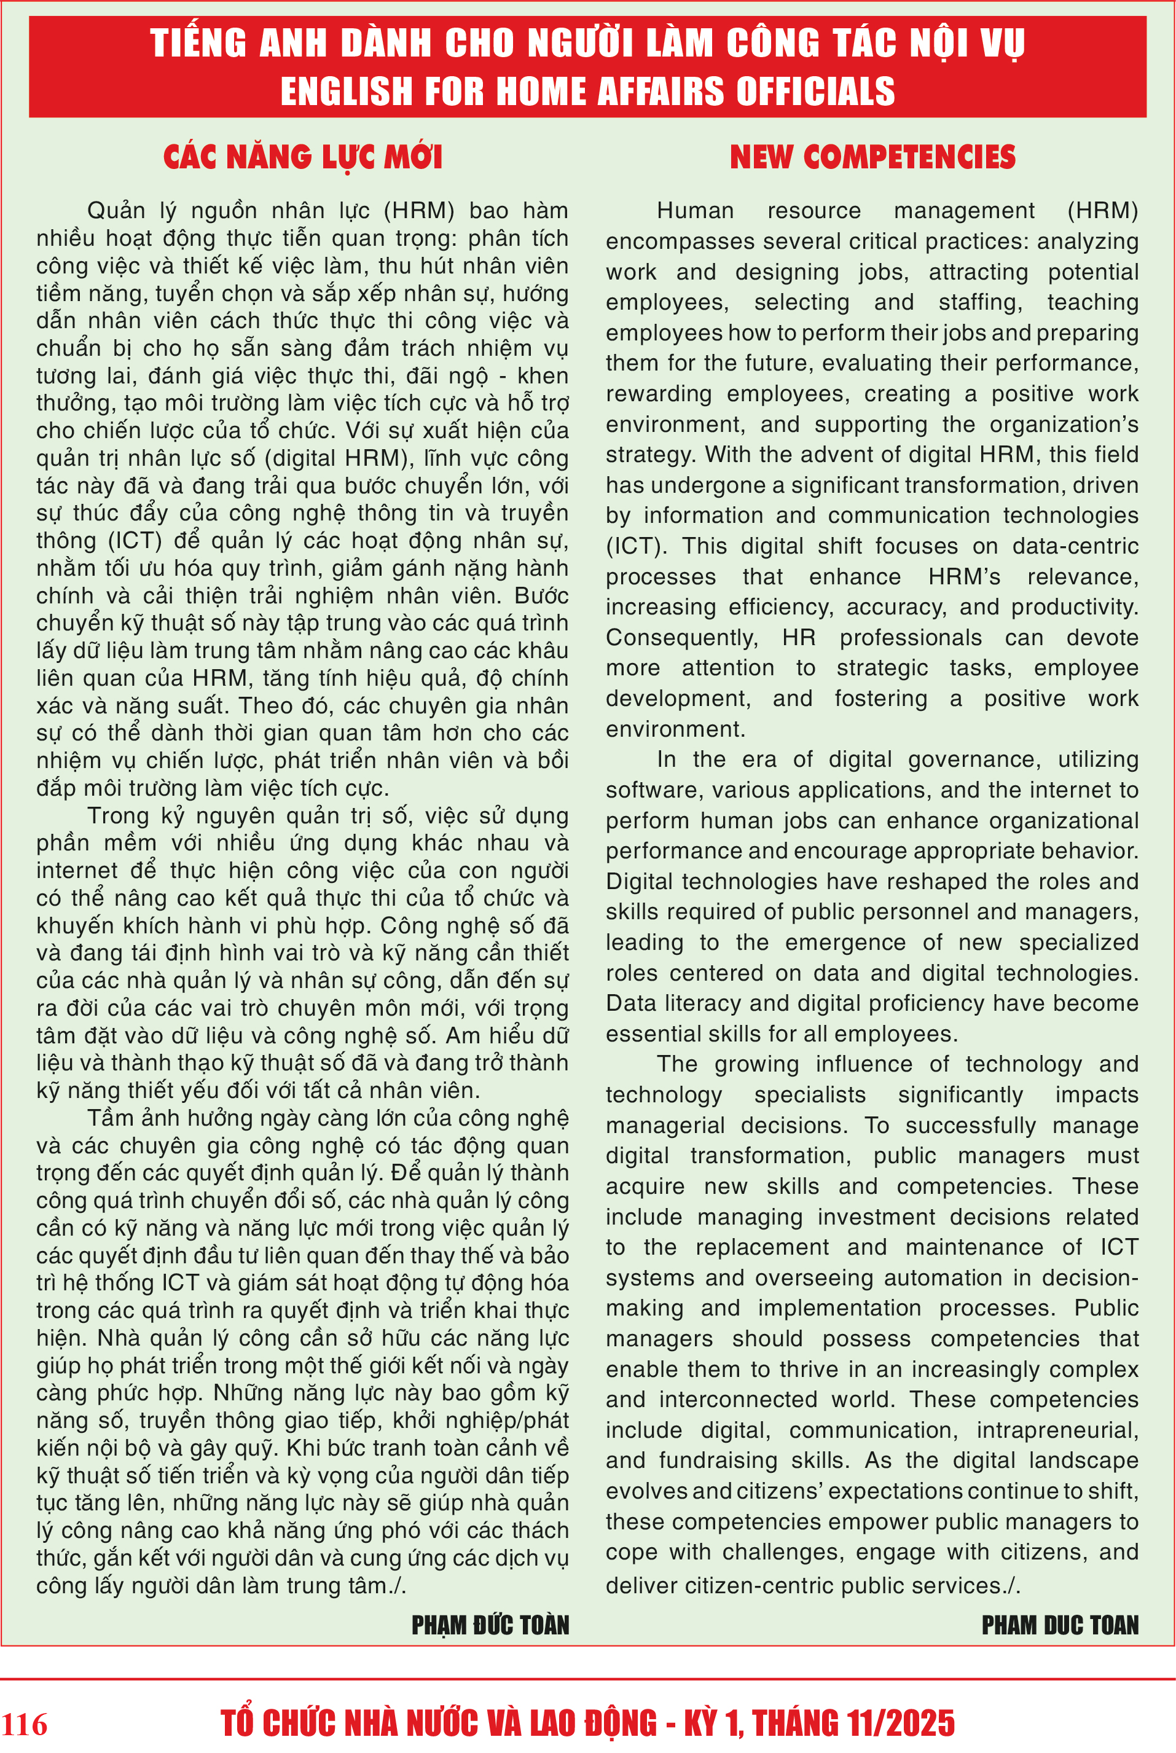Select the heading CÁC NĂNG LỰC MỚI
302,157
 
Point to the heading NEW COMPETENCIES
872,157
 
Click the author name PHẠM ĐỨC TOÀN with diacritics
490,1625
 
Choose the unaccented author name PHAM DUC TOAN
1059,1625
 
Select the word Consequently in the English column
681,638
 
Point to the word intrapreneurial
1057,1430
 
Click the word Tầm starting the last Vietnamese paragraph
110,1118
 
